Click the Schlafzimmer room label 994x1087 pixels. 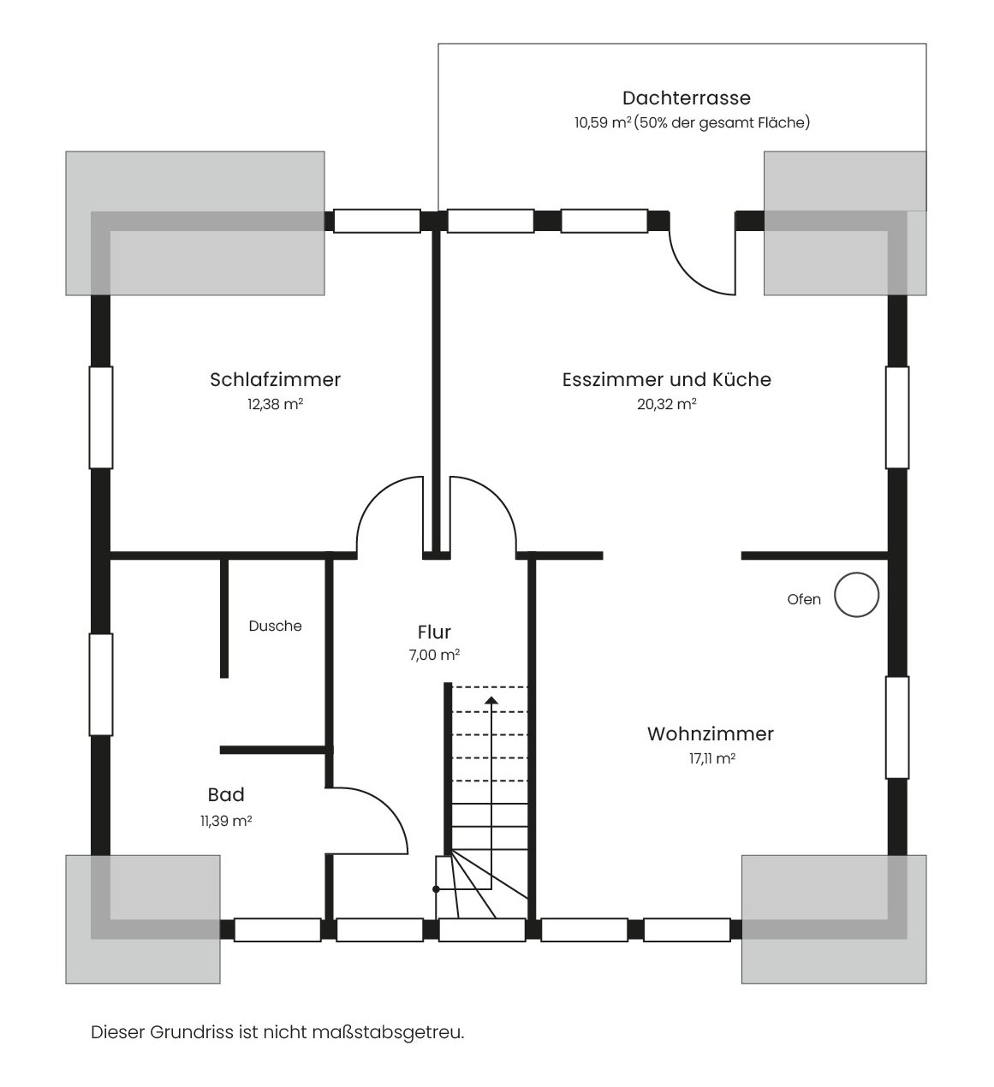point(275,379)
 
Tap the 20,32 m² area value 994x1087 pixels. point(666,404)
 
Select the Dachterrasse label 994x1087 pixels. point(687,98)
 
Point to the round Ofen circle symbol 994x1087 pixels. point(856,595)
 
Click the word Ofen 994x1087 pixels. point(804,599)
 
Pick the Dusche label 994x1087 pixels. point(275,626)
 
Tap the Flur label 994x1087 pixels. point(434,632)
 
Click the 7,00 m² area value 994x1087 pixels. point(434,655)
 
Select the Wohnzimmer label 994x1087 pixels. point(711,734)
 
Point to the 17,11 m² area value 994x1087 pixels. point(712,758)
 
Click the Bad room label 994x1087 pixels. point(226,795)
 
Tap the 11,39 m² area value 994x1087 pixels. point(226,821)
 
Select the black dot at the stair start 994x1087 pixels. point(436,889)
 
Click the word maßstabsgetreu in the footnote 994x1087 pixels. point(388,1032)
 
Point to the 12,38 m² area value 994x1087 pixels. point(275,404)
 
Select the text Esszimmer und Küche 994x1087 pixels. point(666,379)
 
